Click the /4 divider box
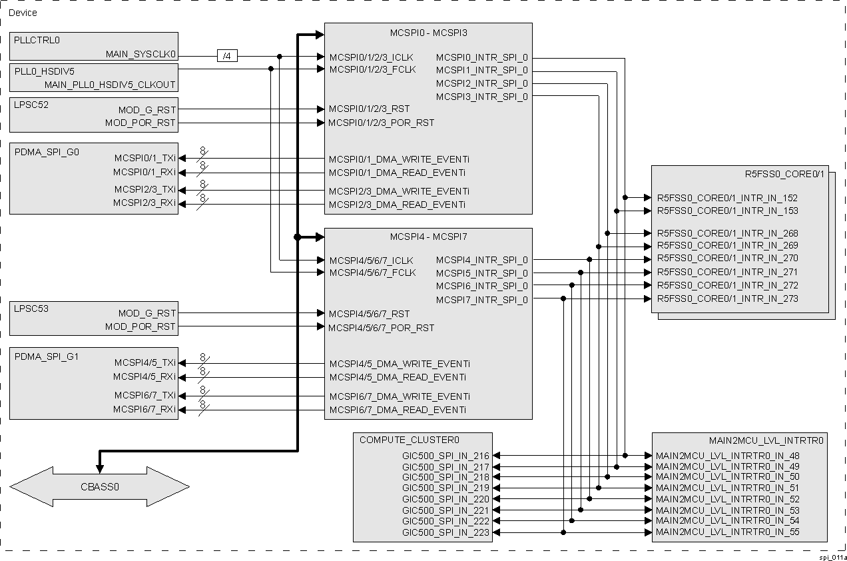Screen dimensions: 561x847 pyautogui.click(x=227, y=57)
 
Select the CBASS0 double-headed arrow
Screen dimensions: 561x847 pyautogui.click(x=99, y=486)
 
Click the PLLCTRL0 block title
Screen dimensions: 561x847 pyautogui.click(x=37, y=40)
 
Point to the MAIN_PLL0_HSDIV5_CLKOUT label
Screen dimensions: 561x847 pyautogui.click(x=110, y=85)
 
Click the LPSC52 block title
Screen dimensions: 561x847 pyautogui.click(x=31, y=105)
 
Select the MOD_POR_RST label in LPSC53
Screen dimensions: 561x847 pyautogui.click(x=140, y=326)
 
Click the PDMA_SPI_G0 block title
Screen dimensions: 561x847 pyautogui.click(x=47, y=152)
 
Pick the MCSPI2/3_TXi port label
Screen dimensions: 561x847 pyautogui.click(x=144, y=190)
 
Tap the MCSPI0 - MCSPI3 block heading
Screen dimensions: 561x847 pyautogui.click(x=428, y=32)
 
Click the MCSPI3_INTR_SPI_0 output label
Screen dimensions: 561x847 pyautogui.click(x=481, y=97)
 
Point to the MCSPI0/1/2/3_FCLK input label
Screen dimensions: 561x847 pyautogui.click(x=372, y=69)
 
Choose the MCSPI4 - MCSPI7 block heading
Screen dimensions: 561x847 pyautogui.click(x=428, y=237)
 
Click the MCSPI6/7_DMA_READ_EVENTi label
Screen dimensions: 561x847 pyautogui.click(x=398, y=410)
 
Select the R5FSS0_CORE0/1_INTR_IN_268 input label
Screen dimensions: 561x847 pyautogui.click(x=727, y=233)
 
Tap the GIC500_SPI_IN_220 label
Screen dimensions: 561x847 pyautogui.click(x=445, y=499)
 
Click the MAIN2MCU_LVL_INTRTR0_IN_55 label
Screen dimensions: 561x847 pyautogui.click(x=727, y=532)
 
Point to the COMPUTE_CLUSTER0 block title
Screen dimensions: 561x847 pyautogui.click(x=400, y=440)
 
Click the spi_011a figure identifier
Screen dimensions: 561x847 pyautogui.click(x=832, y=556)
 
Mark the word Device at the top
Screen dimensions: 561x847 pyautogui.click(x=23, y=13)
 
